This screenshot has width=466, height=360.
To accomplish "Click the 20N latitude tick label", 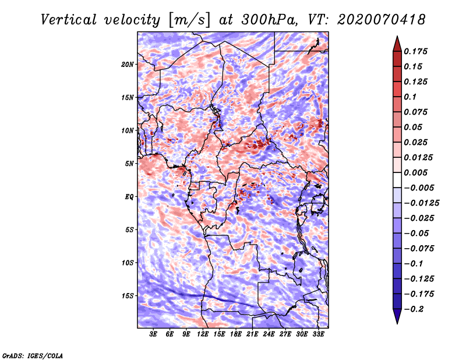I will [128, 64].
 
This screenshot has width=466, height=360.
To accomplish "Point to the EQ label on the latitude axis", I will [130, 197].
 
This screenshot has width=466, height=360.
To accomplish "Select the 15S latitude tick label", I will [128, 296].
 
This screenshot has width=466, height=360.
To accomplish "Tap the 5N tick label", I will [130, 164].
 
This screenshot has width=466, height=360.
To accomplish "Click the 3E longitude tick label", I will [154, 334].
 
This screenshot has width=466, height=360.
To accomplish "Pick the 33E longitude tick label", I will [318, 334].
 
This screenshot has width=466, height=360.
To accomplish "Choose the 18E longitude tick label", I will [236, 334].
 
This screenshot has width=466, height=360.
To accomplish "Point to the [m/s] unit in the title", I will [188, 19].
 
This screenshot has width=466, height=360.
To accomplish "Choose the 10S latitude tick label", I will [128, 263].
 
